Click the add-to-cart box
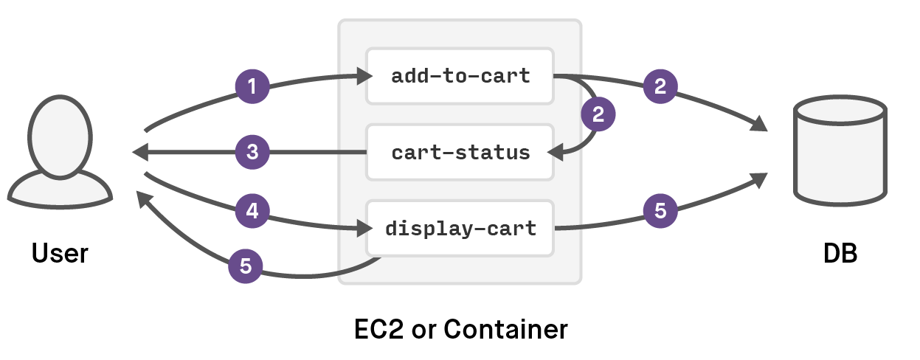tap(460, 76)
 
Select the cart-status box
tap(460, 153)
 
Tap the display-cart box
tap(460, 229)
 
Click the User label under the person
tap(60, 253)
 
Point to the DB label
tap(840, 253)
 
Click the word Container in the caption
tap(506, 329)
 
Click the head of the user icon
tap(60, 136)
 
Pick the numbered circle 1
tap(252, 87)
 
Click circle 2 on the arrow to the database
tap(660, 87)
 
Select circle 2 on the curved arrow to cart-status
tap(598, 114)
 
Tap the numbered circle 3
tap(252, 153)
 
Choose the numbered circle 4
tap(252, 212)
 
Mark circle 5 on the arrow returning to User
tap(246, 266)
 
